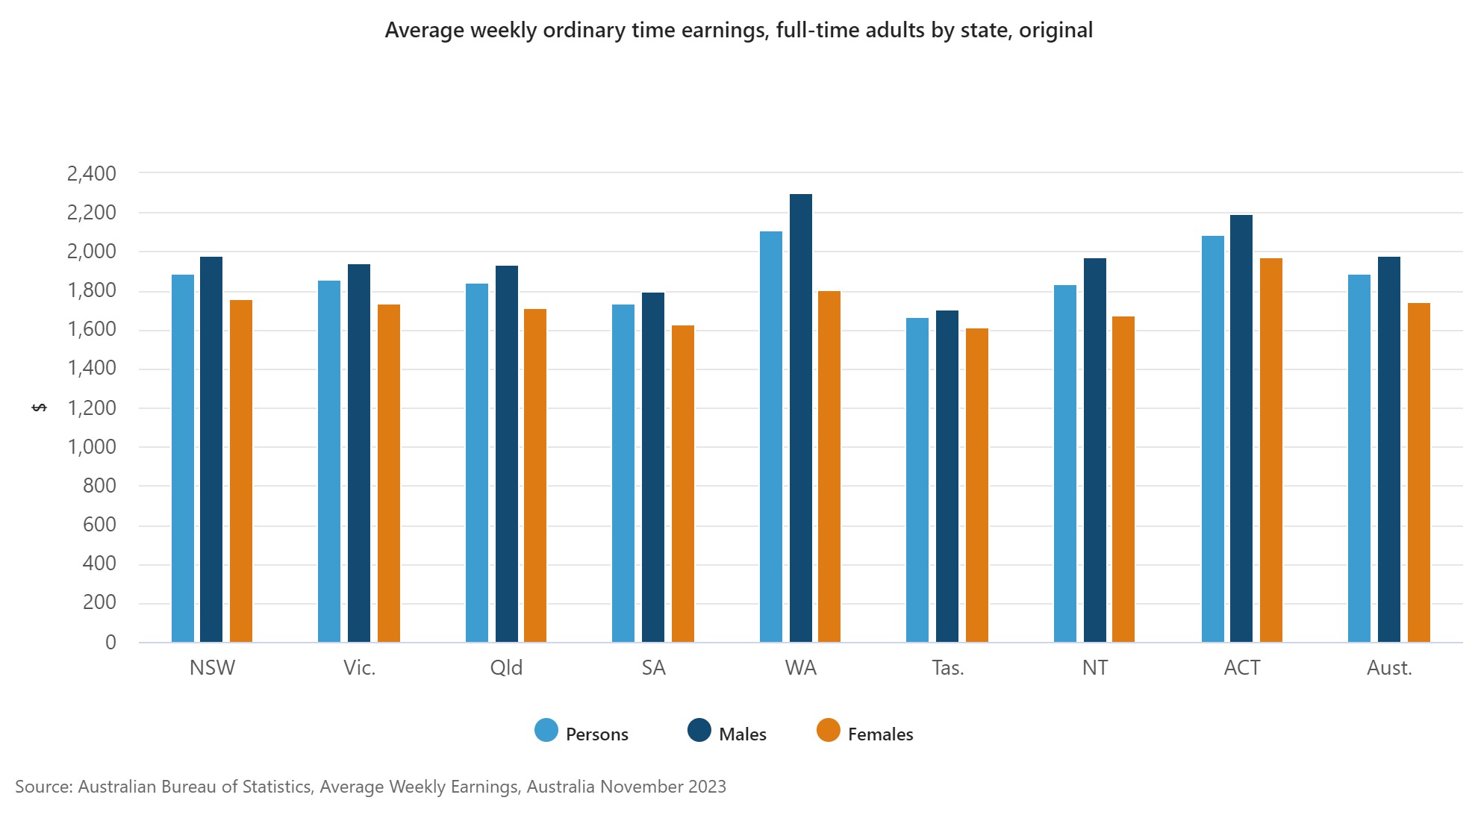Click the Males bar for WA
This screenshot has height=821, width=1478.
801,418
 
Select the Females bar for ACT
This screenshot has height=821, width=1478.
1271,450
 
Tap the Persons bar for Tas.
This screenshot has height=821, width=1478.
917,480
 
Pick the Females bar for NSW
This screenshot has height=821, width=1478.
241,471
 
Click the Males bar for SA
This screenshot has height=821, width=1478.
653,467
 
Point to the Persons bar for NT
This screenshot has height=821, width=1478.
1065,463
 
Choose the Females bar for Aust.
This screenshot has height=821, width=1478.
1419,472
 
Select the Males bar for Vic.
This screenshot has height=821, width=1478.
359,453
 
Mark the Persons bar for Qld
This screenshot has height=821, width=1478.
477,463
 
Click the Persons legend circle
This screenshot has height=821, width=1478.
546,731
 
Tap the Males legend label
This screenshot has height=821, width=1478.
743,734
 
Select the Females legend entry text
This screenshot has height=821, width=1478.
880,734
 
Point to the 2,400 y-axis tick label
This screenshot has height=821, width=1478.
92,174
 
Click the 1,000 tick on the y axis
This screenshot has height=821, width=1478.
92,447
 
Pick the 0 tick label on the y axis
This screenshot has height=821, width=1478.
110,643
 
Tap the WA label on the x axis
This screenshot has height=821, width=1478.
801,668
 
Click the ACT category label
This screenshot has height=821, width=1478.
1242,668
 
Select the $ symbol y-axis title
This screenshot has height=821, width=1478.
40,408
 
